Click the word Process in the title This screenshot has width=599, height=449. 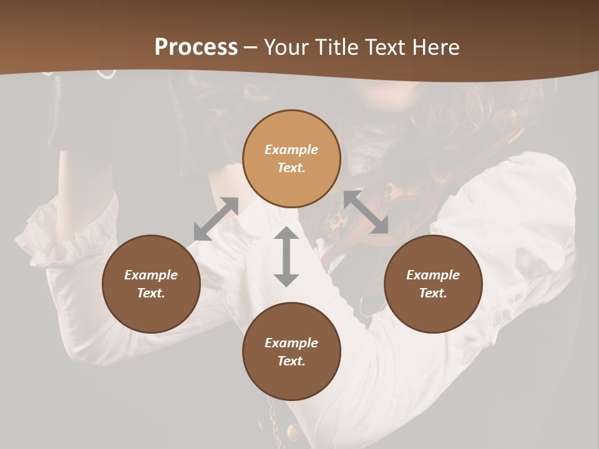pos(196,47)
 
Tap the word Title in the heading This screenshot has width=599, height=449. pos(338,47)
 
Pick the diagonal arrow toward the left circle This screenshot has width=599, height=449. pos(216,218)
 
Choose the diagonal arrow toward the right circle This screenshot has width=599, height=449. pos(366,213)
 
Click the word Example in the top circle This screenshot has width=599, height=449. pos(291,150)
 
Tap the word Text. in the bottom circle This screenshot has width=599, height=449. pos(291,361)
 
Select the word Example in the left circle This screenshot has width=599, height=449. pos(151,275)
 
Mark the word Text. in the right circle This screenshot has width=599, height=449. pos(433,293)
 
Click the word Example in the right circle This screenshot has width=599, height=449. pos(433,275)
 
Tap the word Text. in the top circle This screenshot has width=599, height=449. pos(291,168)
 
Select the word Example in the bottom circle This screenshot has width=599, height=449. pos(291,343)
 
